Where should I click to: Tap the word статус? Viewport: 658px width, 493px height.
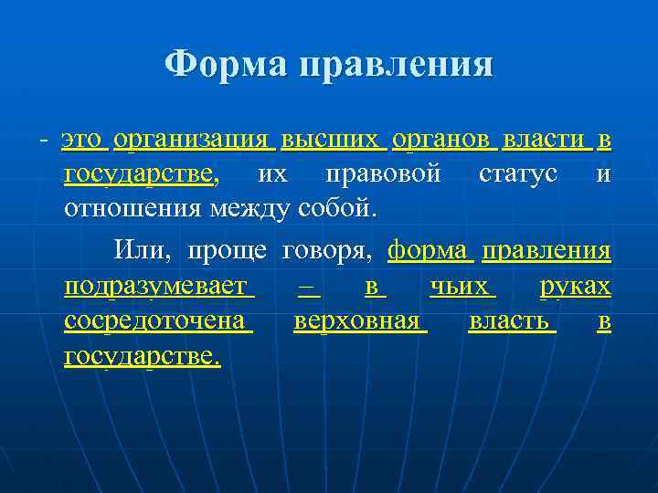(517, 173)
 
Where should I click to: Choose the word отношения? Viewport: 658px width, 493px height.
(133, 208)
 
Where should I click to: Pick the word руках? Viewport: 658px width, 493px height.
(575, 287)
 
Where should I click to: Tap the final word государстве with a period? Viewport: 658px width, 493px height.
(142, 356)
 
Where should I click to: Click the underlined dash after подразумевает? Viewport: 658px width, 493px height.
(308, 287)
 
